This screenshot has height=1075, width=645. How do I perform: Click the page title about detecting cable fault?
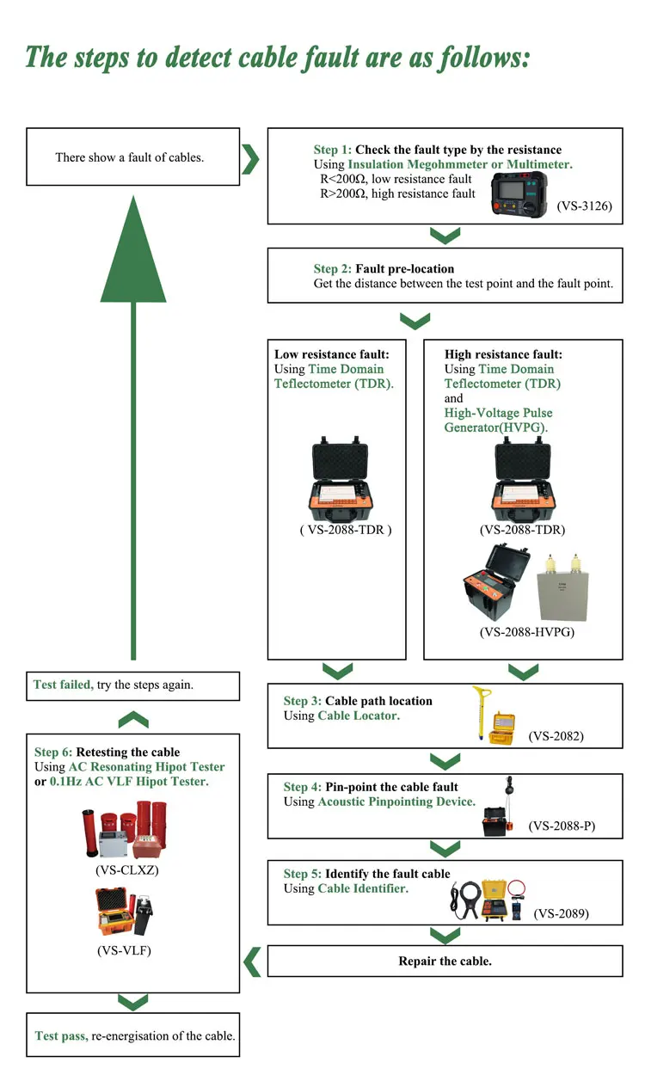point(278,58)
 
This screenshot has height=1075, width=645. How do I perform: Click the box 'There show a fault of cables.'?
point(132,157)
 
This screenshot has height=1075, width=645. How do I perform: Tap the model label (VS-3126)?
point(584,206)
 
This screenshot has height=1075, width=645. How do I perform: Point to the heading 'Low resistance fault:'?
point(332,354)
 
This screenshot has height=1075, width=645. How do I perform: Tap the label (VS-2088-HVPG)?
point(526,632)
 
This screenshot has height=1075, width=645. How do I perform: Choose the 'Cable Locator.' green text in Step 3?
point(359,716)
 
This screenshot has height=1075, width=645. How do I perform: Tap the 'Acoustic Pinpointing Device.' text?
point(396,802)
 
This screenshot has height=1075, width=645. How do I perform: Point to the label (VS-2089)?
point(561,913)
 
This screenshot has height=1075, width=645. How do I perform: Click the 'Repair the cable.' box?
point(445,961)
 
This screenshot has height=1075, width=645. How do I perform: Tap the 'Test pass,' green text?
point(61,1035)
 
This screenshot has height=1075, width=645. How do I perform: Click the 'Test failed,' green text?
point(64,685)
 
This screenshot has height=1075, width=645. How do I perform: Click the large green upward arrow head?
point(133,249)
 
